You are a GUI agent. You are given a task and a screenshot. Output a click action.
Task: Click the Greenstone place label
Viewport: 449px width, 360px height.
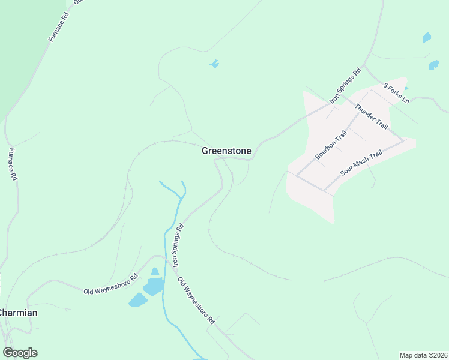coord(226,151)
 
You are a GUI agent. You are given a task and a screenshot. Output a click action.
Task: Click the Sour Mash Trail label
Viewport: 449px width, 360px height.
coord(361,163)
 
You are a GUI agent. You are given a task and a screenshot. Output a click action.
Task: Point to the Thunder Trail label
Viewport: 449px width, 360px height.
coord(372,117)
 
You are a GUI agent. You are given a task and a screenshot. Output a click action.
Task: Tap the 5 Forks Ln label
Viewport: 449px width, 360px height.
coord(396,93)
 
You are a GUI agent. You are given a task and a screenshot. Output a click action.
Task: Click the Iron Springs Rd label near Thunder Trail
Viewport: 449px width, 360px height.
coord(345,84)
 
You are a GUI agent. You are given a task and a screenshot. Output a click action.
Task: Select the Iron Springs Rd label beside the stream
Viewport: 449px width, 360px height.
coord(177,248)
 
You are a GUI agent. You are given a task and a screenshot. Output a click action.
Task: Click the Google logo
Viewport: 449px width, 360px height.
coord(20,353)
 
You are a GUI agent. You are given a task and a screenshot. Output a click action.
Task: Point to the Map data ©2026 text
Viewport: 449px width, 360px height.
coord(423,355)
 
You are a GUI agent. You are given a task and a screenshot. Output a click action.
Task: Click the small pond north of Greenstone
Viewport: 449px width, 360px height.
coord(214,64)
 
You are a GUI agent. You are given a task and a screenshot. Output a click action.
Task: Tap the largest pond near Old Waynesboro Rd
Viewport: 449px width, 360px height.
coord(152,287)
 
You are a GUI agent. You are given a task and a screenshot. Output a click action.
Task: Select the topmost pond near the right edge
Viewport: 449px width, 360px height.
coord(427,37)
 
